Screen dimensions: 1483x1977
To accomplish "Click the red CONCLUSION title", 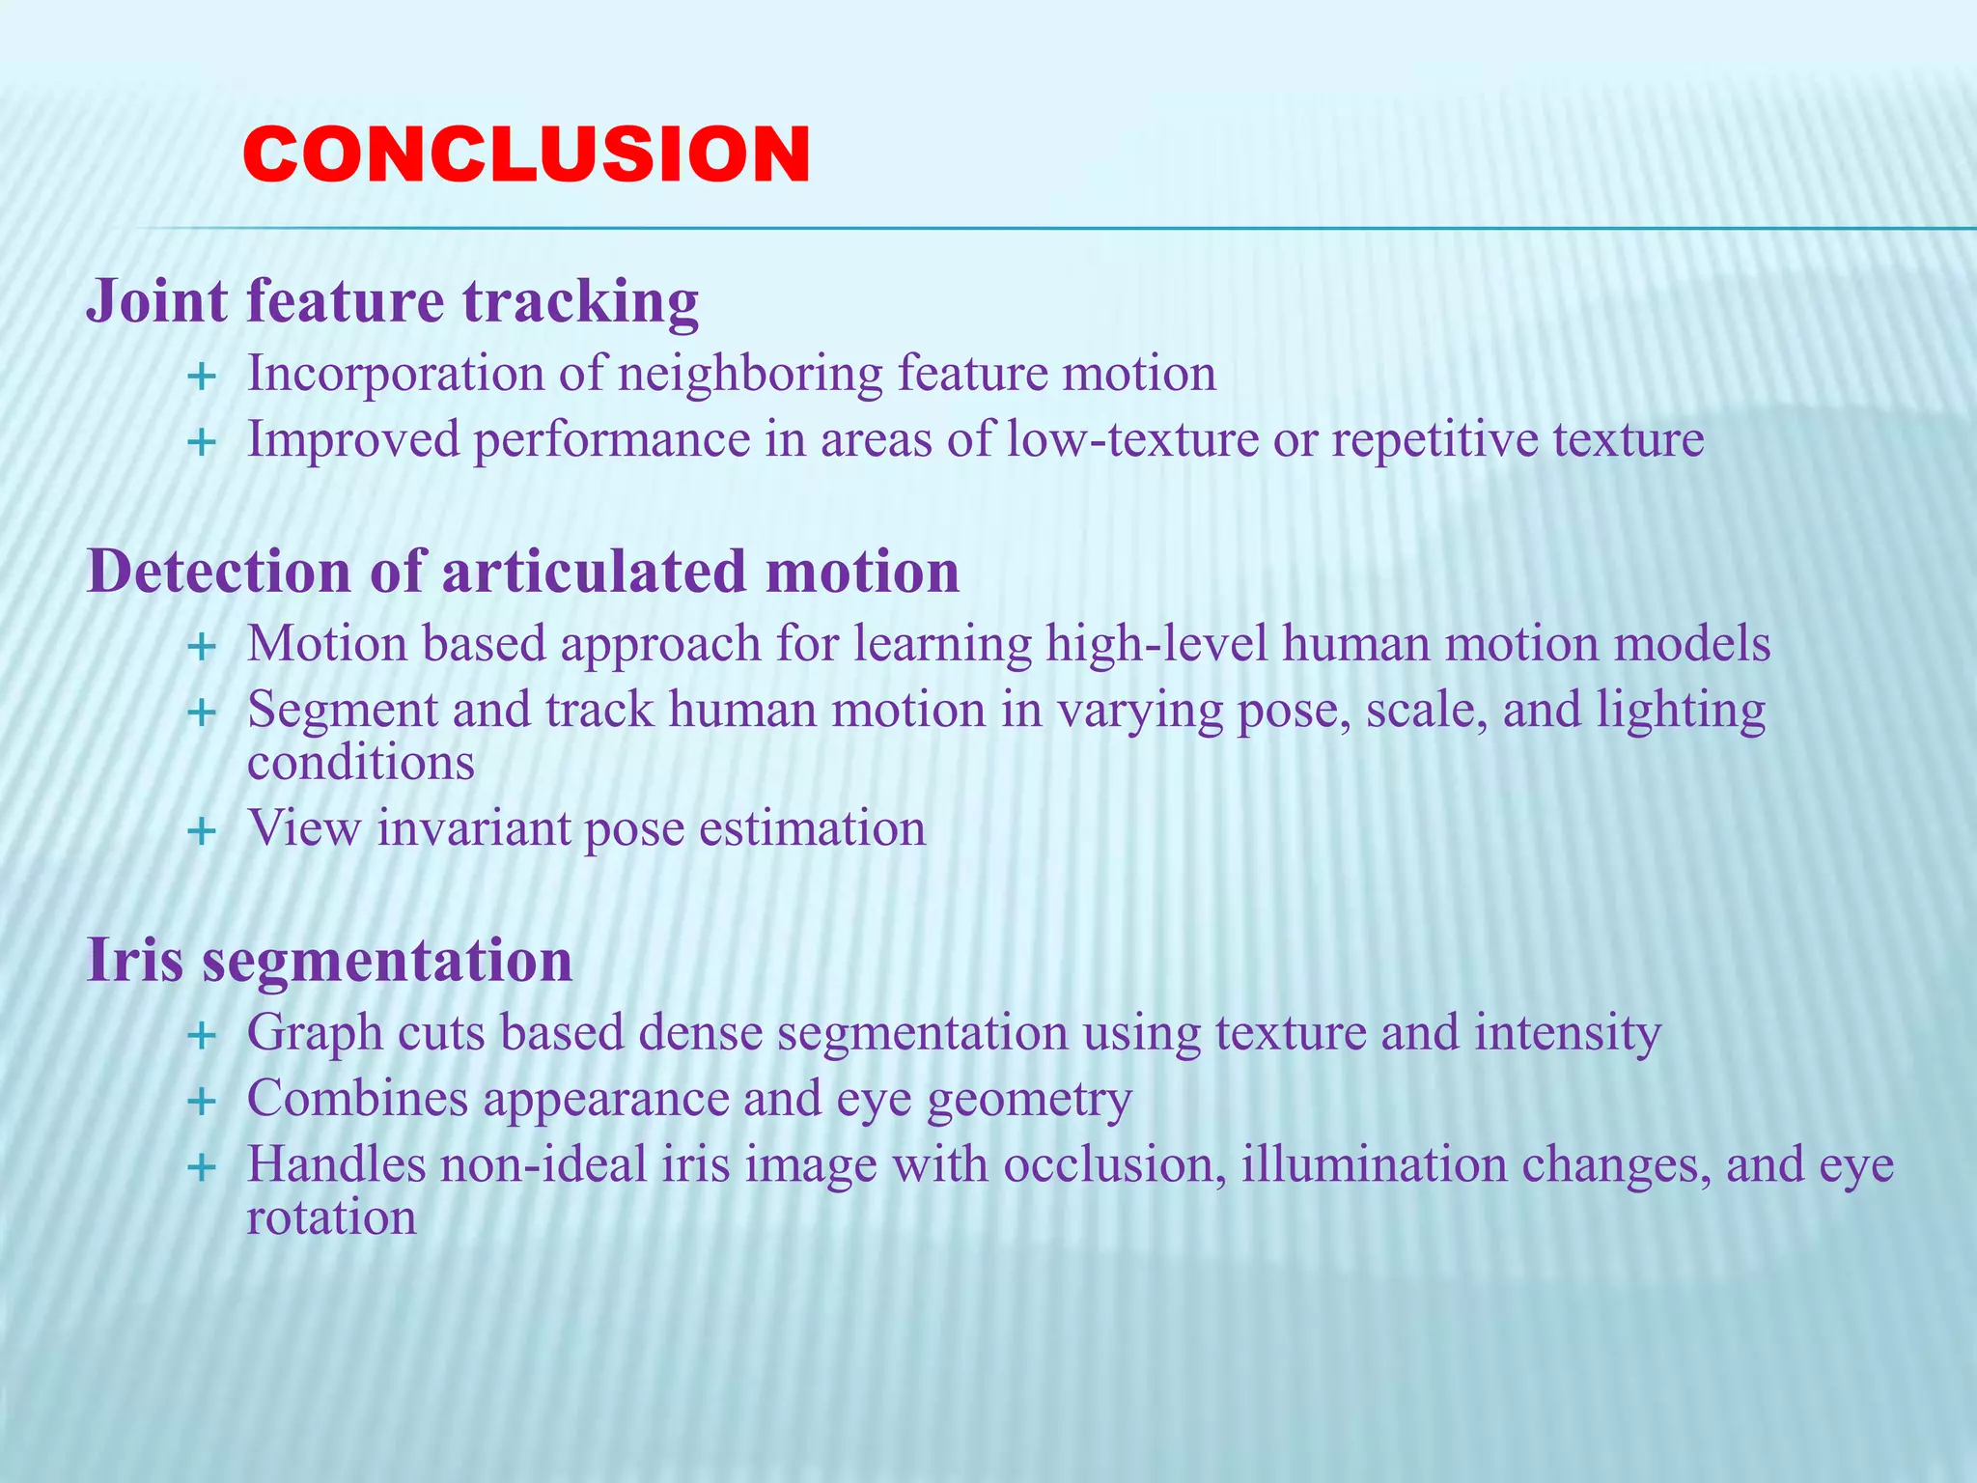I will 526,154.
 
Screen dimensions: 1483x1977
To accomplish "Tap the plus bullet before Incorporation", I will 201,377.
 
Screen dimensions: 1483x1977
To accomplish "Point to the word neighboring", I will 749,375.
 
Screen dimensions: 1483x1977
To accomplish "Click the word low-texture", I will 1132,439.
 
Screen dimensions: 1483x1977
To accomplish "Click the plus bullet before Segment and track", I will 201,714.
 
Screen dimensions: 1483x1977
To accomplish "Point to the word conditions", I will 360,764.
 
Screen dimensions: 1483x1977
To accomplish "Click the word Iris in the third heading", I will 134,961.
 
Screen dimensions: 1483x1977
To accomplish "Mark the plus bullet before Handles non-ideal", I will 201,1168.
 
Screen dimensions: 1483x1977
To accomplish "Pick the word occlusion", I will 1114,1164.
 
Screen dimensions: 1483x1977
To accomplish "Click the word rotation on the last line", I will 331,1217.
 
